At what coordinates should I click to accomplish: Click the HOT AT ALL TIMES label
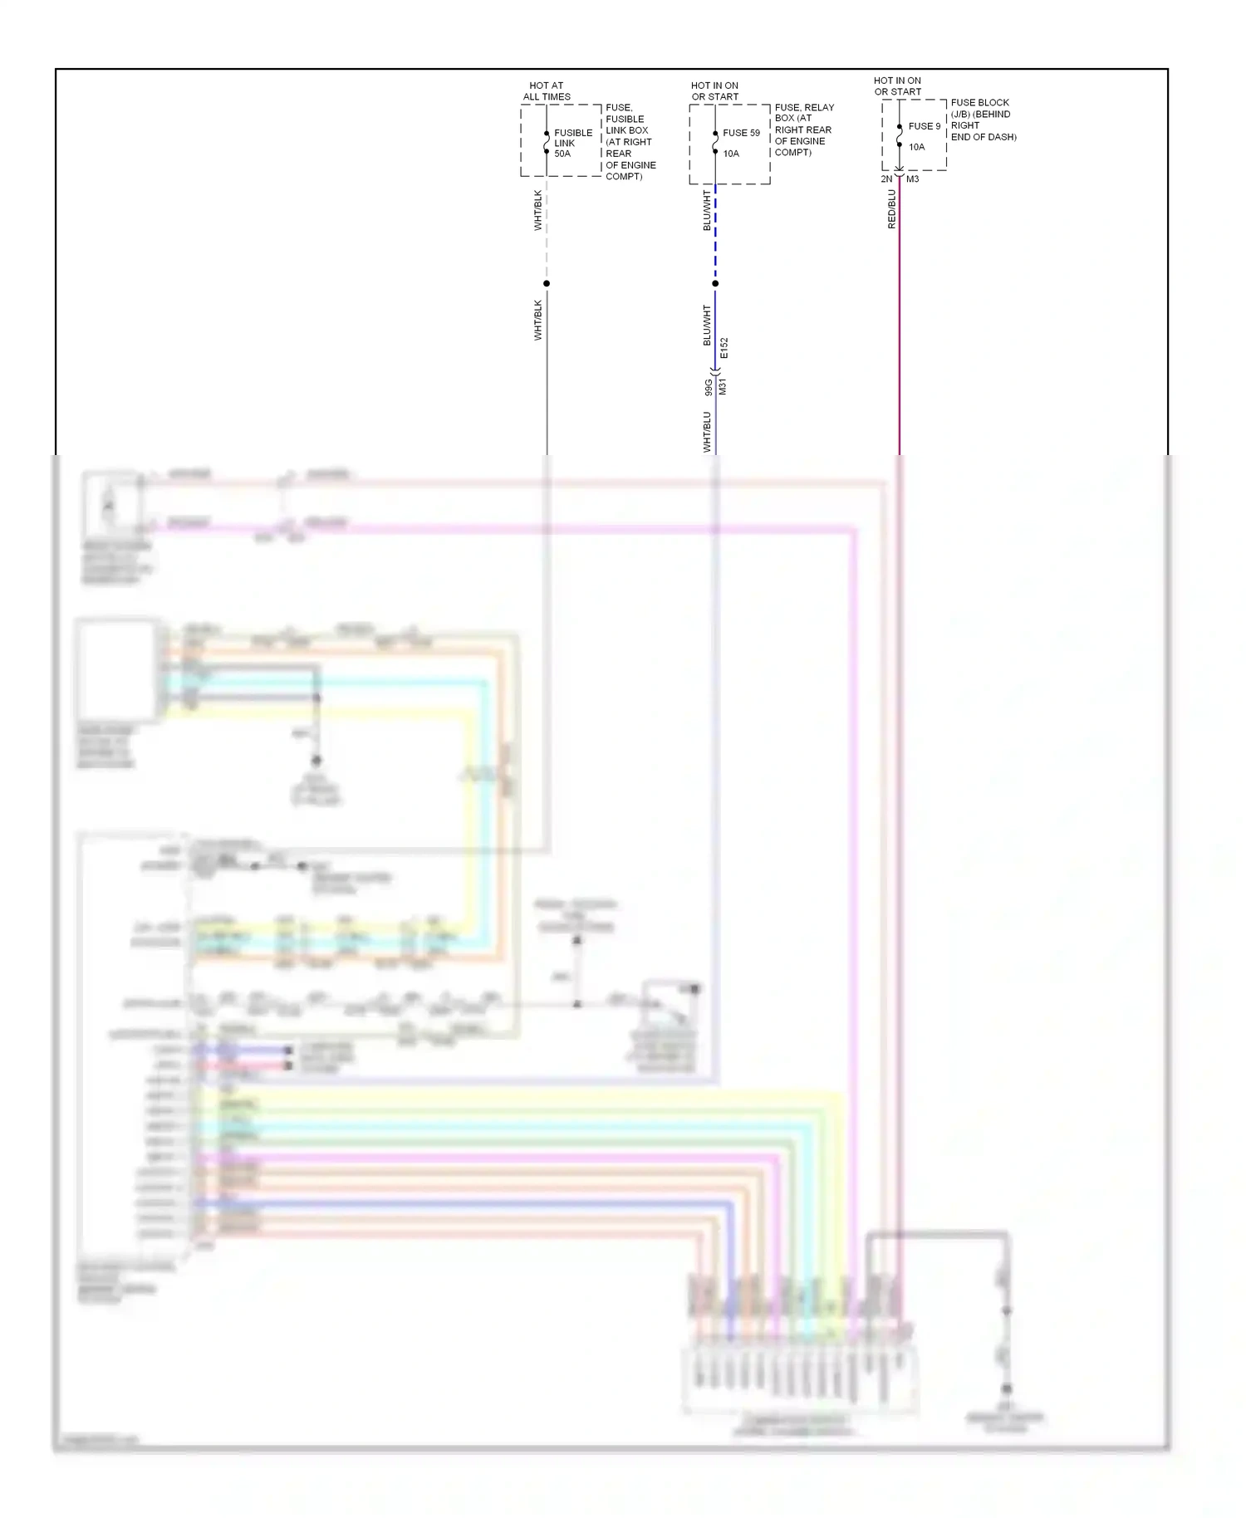(547, 91)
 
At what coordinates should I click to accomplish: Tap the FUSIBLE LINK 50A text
(572, 143)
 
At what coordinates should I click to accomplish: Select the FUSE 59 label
(741, 133)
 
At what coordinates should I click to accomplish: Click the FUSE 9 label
(925, 126)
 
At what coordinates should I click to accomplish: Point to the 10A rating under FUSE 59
(731, 154)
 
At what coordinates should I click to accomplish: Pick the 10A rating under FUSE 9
(916, 147)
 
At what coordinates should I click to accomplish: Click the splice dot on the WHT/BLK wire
(547, 284)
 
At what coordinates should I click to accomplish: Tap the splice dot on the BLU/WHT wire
(715, 284)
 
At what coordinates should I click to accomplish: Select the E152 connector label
(724, 348)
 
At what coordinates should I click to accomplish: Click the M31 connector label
(723, 386)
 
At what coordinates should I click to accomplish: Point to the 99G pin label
(708, 387)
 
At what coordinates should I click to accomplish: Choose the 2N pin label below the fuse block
(886, 179)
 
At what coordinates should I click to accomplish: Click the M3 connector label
(913, 179)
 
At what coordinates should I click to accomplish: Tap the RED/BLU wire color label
(892, 209)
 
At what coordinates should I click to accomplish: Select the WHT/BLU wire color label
(708, 432)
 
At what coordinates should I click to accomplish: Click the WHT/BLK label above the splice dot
(538, 211)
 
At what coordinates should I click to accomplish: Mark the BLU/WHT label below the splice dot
(708, 326)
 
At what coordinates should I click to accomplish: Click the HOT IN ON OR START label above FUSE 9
(897, 86)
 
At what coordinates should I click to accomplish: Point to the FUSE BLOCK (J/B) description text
(983, 120)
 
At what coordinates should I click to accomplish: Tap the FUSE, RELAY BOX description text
(803, 130)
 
